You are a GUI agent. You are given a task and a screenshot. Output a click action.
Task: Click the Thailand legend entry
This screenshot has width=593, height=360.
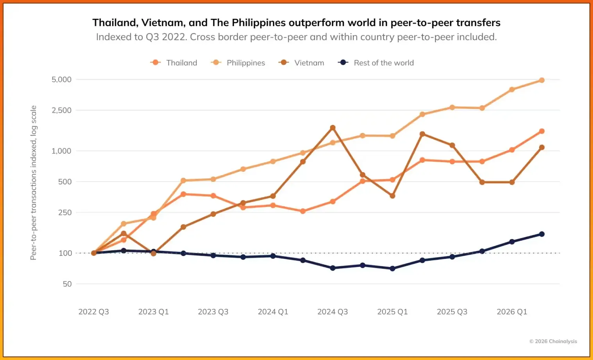(174, 63)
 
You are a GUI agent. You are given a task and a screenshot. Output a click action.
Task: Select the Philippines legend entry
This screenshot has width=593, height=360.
(238, 63)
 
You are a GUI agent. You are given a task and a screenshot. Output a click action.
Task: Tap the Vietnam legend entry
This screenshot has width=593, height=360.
(301, 63)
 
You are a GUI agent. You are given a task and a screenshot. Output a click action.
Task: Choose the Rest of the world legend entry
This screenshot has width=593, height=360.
(376, 63)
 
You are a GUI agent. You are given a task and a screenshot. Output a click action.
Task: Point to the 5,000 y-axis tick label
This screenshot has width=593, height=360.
(61, 79)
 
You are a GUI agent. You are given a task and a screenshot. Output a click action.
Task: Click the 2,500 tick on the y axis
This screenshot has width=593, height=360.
(61, 110)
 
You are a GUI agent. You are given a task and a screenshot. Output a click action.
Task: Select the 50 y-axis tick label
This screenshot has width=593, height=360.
(67, 284)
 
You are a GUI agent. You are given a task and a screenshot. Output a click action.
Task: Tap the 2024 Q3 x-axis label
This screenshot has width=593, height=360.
(332, 312)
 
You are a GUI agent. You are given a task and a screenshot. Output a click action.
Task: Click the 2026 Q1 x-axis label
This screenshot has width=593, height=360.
(512, 312)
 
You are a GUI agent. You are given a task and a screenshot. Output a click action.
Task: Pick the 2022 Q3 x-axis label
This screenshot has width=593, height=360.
(94, 312)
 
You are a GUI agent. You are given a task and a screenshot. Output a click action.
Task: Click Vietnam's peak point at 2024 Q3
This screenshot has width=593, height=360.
(333, 128)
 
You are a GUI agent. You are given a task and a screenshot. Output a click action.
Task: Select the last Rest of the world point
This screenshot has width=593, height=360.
(542, 234)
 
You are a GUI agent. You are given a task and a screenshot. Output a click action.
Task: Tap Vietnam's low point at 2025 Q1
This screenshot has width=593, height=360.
(392, 196)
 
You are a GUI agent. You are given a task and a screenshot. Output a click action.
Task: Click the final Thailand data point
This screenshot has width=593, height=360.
(542, 131)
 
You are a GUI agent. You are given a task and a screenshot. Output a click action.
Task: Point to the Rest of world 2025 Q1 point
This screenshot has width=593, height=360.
(392, 269)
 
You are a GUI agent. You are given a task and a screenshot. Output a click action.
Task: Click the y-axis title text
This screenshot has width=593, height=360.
(33, 183)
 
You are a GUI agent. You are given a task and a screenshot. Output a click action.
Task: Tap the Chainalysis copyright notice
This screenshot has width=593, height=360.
(553, 341)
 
